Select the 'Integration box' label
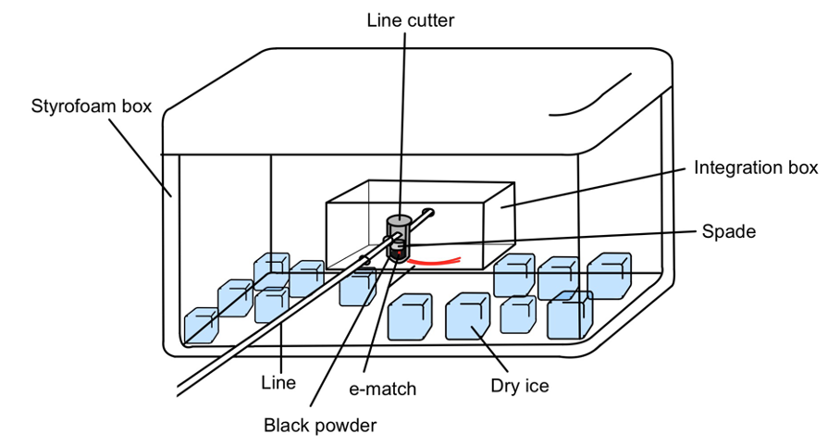[x=756, y=167]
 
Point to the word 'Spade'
[x=730, y=231]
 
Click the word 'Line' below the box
[x=278, y=382]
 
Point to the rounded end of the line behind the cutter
[x=430, y=212]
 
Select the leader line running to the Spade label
[x=555, y=238]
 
